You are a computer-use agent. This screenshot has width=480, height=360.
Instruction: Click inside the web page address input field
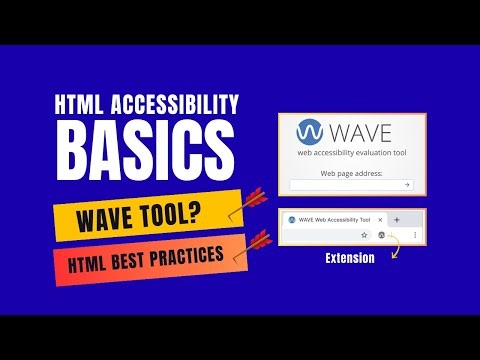[x=345, y=185]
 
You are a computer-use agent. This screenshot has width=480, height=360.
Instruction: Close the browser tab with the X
[x=379, y=218]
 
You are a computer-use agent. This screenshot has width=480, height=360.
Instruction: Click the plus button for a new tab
[x=397, y=218]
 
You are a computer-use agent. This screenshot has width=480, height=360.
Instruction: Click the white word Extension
[x=349, y=258]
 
